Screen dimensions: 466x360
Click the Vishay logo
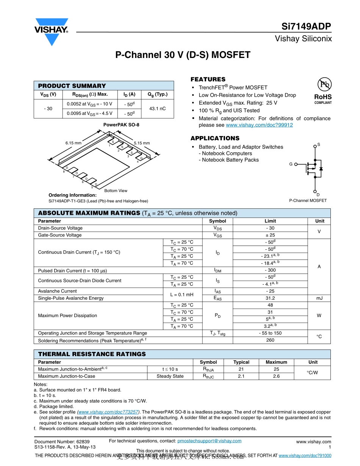pos(52,31)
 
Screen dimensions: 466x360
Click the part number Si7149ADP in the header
pos(306,27)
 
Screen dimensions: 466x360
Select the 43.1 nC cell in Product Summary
pos(157,109)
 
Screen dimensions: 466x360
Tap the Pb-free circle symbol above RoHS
pos(323,84)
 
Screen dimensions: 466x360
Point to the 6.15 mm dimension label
pos(73,143)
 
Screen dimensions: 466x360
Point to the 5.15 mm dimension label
pos(142,143)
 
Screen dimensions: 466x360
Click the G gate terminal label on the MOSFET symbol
pos(291,164)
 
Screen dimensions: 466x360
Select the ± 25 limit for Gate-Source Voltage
pos(270,235)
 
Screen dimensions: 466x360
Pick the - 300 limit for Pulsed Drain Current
pos(270,271)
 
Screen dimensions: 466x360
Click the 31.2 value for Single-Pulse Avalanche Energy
pos(270,298)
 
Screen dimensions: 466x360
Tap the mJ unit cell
pos(319,298)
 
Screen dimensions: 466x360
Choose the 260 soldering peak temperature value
pos(270,340)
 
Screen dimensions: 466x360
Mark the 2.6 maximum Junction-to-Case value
pos(276,376)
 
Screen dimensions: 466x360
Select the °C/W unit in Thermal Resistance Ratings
pos(313,373)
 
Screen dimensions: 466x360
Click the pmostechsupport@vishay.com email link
pos(209,441)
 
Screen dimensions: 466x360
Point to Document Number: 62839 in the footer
pos(62,442)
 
